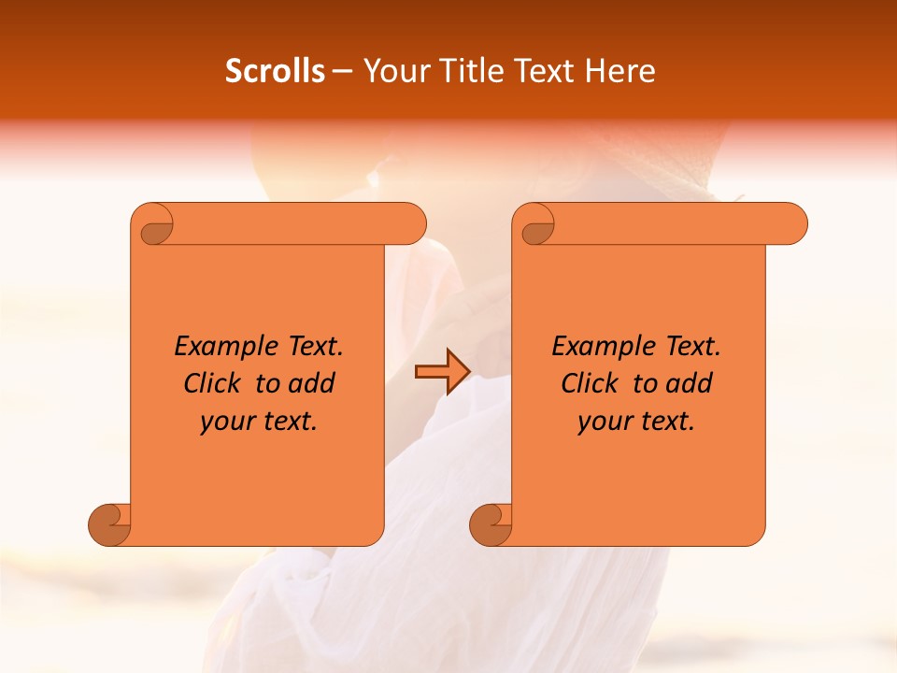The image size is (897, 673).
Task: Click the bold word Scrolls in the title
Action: (275, 71)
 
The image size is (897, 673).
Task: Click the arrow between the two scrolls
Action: (442, 372)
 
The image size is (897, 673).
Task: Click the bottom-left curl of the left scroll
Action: (110, 523)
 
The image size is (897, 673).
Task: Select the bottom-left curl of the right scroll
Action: (491, 523)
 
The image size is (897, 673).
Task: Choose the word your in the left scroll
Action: (224, 422)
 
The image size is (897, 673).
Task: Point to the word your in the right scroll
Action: (602, 422)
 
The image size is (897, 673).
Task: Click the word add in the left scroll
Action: (310, 384)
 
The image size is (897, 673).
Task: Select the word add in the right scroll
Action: (688, 384)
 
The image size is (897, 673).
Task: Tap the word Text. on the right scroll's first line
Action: (692, 347)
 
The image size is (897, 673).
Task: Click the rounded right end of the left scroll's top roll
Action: (411, 223)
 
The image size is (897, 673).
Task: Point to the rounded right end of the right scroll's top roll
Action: (792, 223)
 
